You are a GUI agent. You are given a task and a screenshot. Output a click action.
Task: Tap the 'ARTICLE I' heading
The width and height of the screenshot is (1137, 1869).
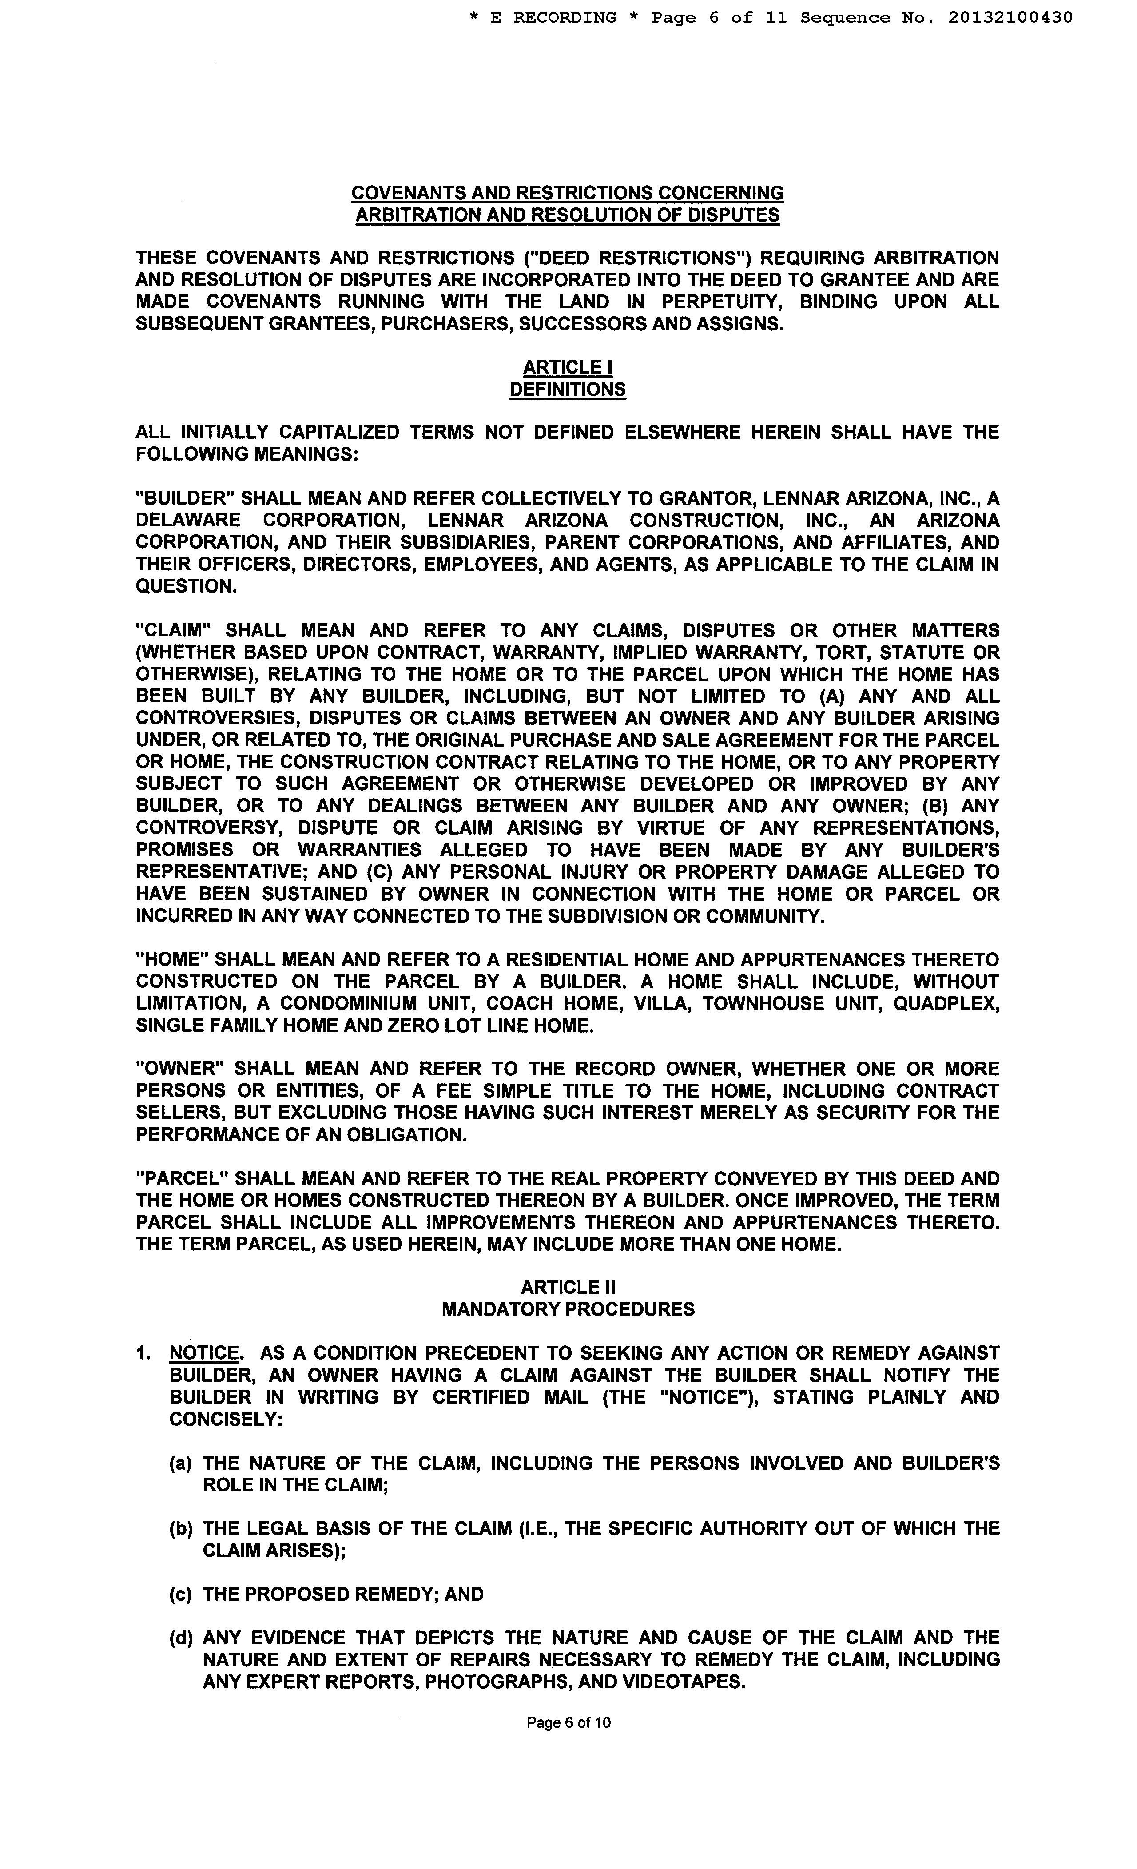(x=567, y=367)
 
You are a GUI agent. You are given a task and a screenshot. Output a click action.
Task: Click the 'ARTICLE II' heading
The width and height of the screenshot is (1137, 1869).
(x=567, y=1287)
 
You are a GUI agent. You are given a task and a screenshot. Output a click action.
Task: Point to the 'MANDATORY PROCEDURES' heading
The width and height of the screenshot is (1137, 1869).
(x=567, y=1309)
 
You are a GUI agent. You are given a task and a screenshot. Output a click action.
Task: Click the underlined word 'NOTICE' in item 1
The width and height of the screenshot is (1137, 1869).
(x=204, y=1353)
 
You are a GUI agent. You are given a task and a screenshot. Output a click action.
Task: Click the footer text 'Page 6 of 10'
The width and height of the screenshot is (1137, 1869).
(x=568, y=1722)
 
